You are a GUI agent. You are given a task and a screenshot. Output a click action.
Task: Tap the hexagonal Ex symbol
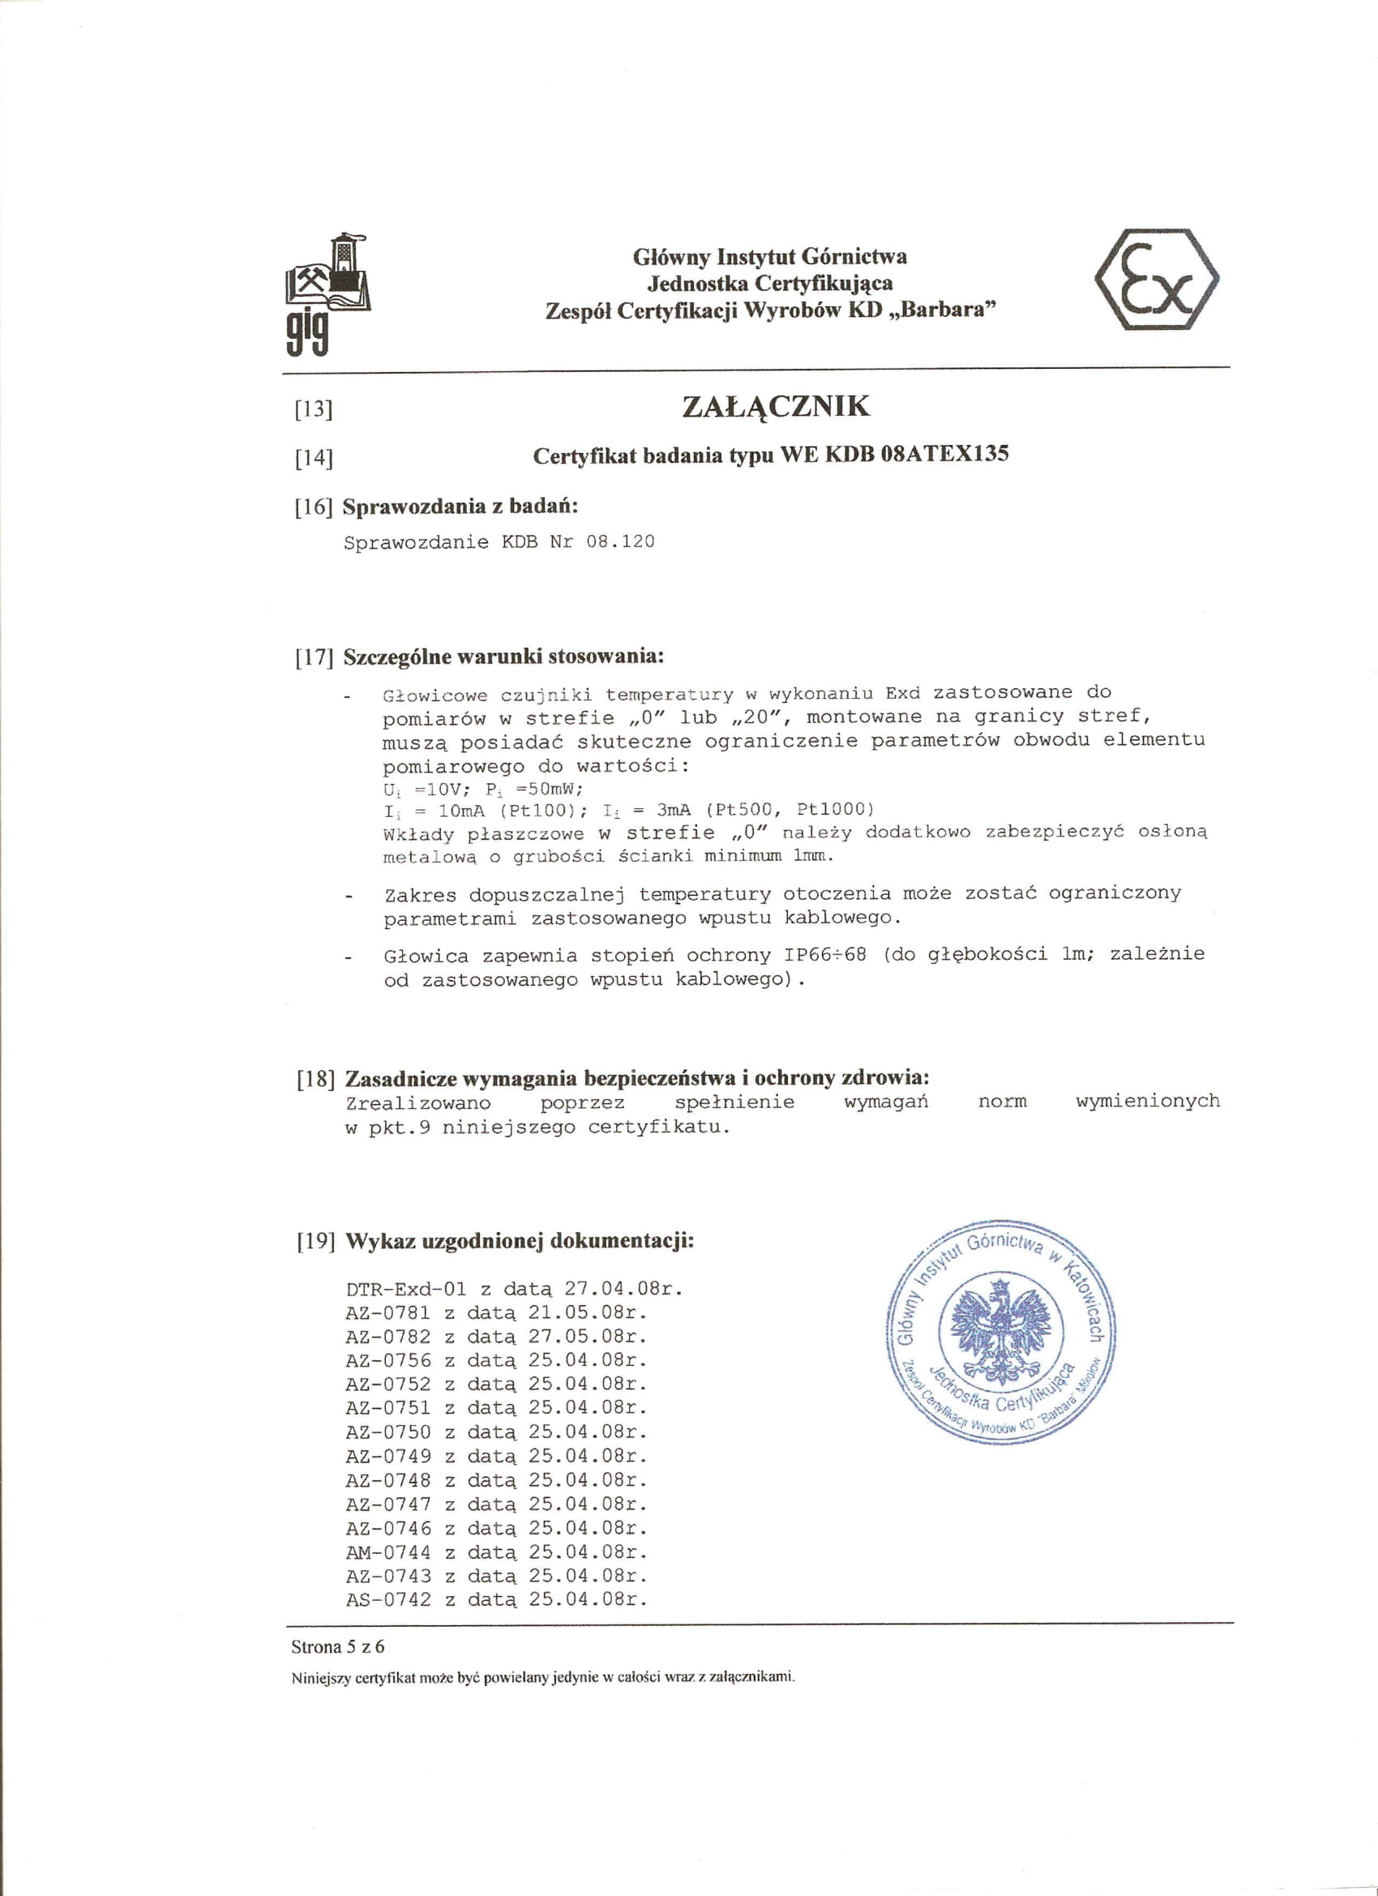pos(1157,279)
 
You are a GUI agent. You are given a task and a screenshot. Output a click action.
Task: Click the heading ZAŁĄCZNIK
pos(776,407)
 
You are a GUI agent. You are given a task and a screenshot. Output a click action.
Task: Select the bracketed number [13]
pos(314,409)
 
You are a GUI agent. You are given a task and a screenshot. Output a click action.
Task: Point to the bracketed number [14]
pos(314,458)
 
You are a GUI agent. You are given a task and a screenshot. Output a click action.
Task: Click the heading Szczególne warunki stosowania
pos(503,657)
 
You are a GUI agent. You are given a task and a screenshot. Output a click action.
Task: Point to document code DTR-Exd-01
pos(405,1288)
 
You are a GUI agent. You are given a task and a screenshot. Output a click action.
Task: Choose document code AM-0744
pos(388,1552)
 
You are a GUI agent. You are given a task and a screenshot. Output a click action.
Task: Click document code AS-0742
pos(388,1600)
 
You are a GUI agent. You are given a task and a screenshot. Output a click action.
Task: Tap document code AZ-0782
pos(388,1337)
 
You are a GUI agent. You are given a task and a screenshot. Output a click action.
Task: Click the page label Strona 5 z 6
pos(338,1648)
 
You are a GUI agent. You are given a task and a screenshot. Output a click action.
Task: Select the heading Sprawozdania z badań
pos(460,507)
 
